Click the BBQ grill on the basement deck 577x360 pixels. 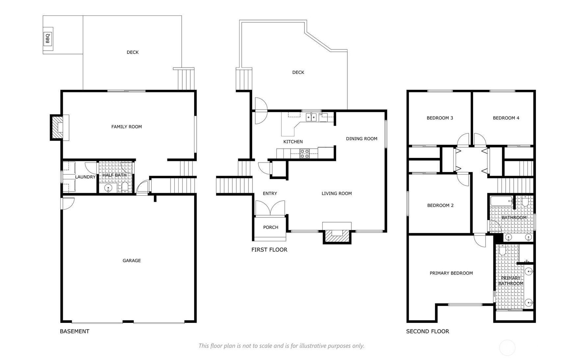48,39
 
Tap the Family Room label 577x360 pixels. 126,127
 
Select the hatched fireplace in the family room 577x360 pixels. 58,127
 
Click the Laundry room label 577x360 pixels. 85,177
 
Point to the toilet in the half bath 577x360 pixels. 125,188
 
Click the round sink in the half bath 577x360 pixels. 108,188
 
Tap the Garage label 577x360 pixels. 132,261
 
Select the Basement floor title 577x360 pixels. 74,331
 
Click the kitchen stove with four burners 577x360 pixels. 304,154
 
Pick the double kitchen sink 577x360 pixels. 311,117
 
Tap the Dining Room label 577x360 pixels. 361,139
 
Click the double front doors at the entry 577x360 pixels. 270,208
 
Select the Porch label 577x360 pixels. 271,227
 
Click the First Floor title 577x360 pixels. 269,250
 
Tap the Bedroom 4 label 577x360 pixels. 506,118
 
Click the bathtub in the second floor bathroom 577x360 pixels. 501,201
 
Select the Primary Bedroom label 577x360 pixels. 451,273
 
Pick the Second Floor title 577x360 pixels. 428,331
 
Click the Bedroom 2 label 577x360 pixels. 440,206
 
